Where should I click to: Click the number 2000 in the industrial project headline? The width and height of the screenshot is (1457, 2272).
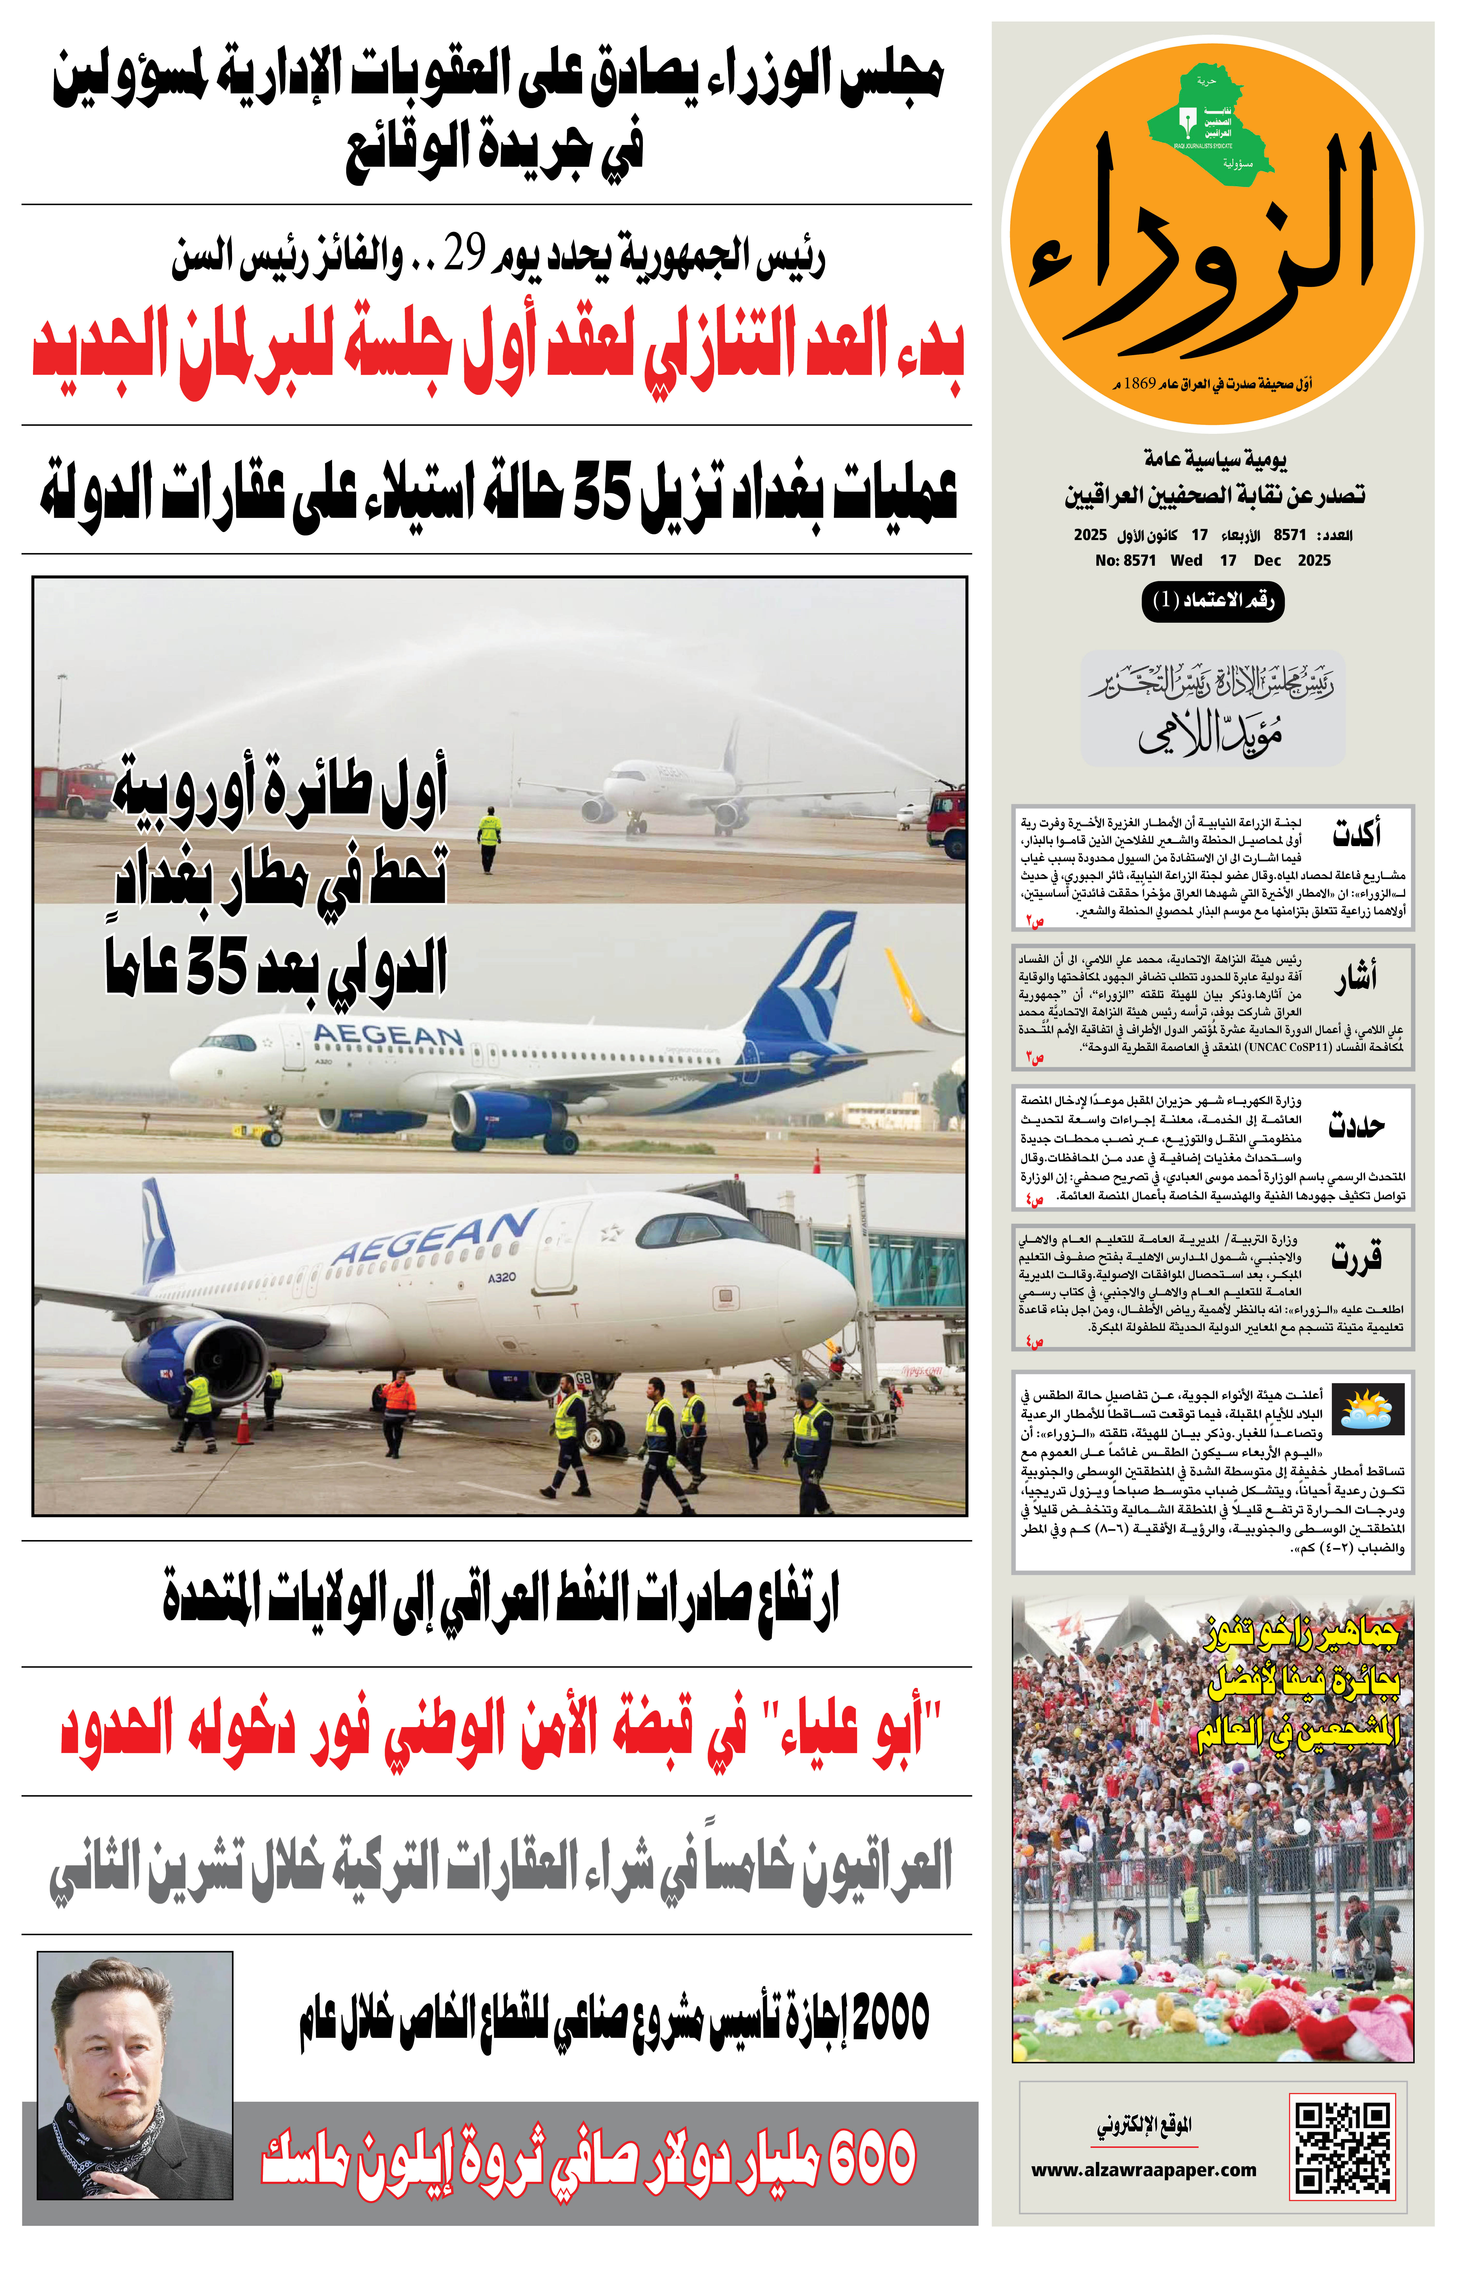(889, 2016)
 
